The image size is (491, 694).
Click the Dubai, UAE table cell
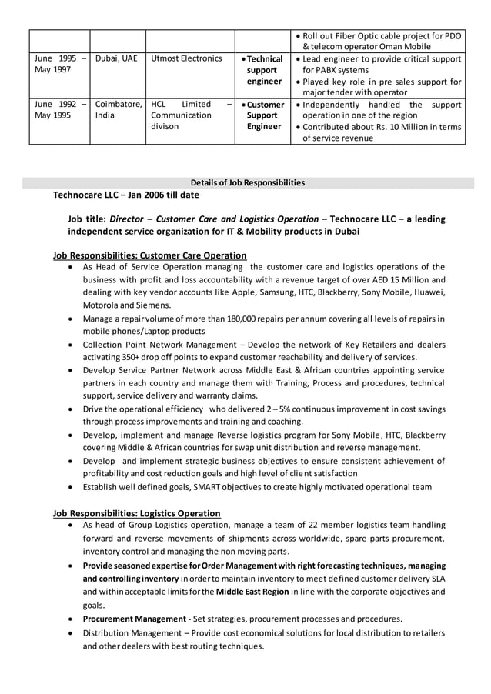[x=116, y=58]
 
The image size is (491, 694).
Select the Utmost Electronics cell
[x=186, y=58]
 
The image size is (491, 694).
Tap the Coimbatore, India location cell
[x=117, y=110]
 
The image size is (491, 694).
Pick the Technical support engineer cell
[x=262, y=70]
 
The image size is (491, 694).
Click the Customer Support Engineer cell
[x=263, y=115]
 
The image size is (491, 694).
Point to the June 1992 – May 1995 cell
[x=59, y=110]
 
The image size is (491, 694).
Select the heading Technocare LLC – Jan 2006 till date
[x=125, y=195]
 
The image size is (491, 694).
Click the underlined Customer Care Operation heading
[x=149, y=255]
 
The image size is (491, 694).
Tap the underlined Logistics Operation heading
[x=136, y=513]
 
